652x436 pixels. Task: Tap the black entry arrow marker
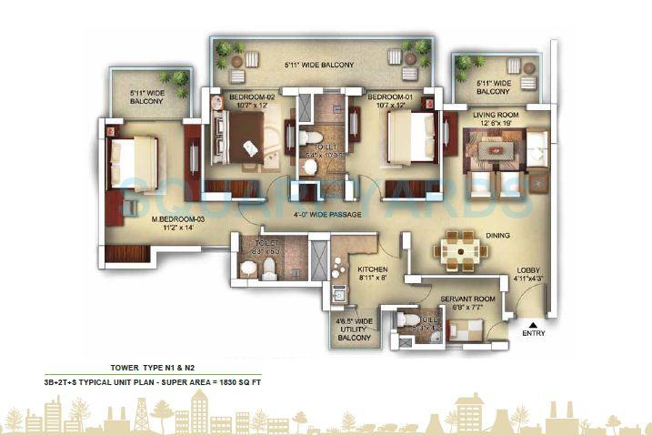534,322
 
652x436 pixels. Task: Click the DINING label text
497,236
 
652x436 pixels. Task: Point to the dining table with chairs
457,248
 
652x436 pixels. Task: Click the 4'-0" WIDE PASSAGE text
327,215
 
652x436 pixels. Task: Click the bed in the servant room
466,330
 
